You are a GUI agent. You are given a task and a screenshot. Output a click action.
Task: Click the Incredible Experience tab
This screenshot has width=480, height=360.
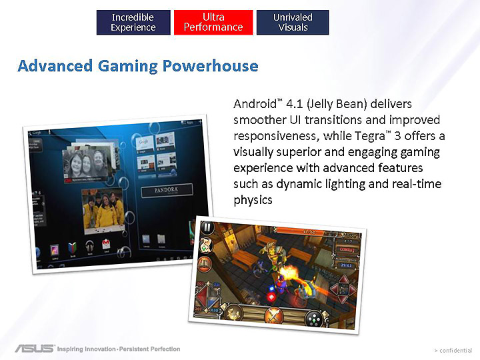tap(133, 22)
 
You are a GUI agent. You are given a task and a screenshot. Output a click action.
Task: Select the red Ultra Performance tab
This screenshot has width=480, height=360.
tap(213, 22)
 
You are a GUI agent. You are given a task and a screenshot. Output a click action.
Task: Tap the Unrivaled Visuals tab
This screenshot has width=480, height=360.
tap(293, 22)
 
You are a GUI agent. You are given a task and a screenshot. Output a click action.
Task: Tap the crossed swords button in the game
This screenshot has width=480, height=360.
tap(271, 315)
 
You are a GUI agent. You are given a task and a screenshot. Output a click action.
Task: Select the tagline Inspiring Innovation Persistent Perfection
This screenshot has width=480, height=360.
tap(118, 349)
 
